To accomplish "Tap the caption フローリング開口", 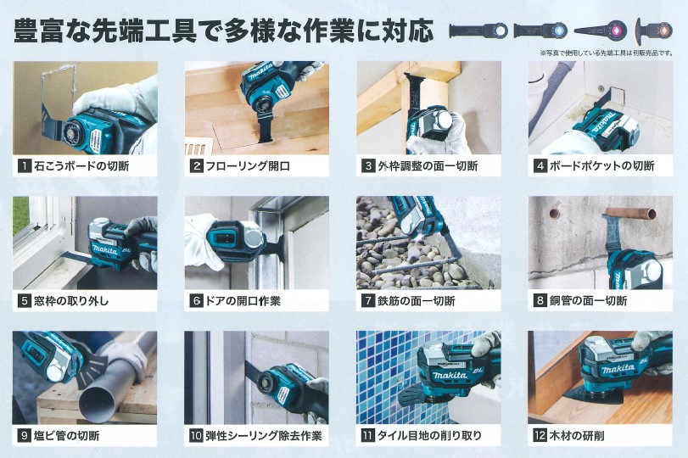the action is click(x=248, y=166).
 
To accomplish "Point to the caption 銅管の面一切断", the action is click(x=589, y=301).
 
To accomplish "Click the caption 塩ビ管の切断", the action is click(x=67, y=436).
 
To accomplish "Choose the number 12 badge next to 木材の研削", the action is click(x=540, y=436).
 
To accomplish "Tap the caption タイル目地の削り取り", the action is click(x=429, y=436).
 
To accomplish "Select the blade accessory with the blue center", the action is click(x=540, y=31).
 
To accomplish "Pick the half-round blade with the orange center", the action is click(x=654, y=31).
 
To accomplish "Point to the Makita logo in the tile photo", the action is click(x=450, y=375).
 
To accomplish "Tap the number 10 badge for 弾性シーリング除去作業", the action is click(x=196, y=436).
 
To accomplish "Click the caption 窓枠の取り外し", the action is click(x=71, y=301).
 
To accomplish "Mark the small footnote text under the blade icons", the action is click(x=607, y=53).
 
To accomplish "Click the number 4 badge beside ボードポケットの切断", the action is click(x=540, y=166).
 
